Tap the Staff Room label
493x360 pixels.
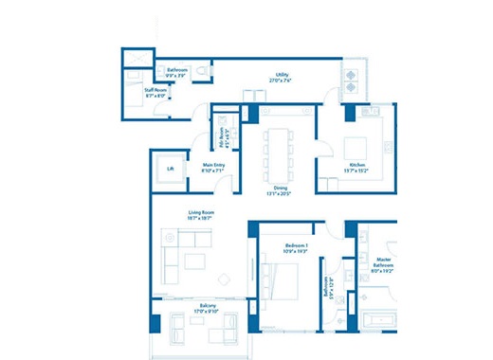pyautogui.click(x=155, y=89)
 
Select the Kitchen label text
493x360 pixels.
pyautogui.click(x=356, y=166)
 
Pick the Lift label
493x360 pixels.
pyautogui.click(x=171, y=169)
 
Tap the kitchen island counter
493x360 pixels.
pyautogui.click(x=356, y=148)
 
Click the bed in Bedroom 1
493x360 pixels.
pyautogui.click(x=281, y=280)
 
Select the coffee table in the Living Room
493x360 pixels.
pyautogui.click(x=196, y=261)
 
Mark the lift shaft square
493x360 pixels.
pyautogui.click(x=171, y=169)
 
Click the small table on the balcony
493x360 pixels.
pyautogui.click(x=196, y=320)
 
